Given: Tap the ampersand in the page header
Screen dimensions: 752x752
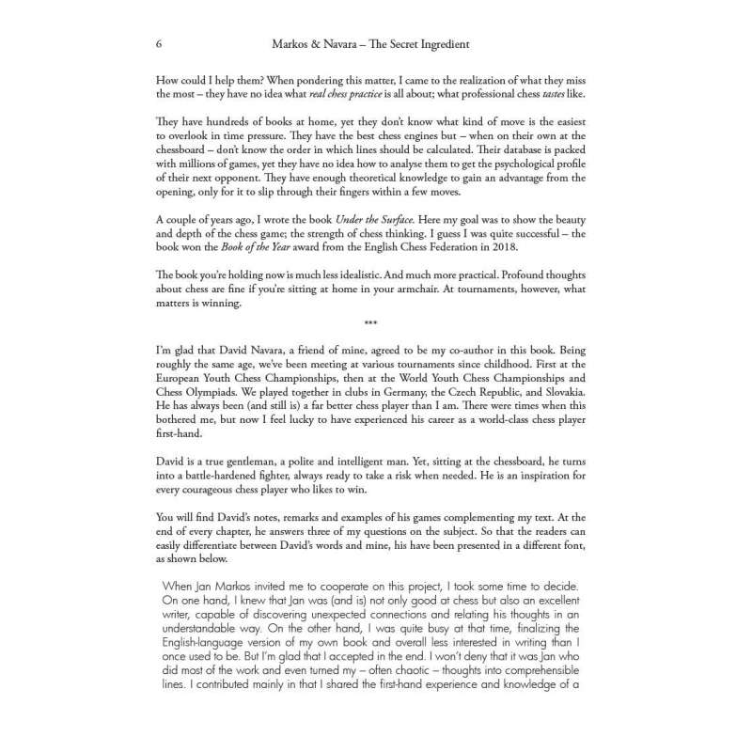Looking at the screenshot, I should click(x=315, y=44).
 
